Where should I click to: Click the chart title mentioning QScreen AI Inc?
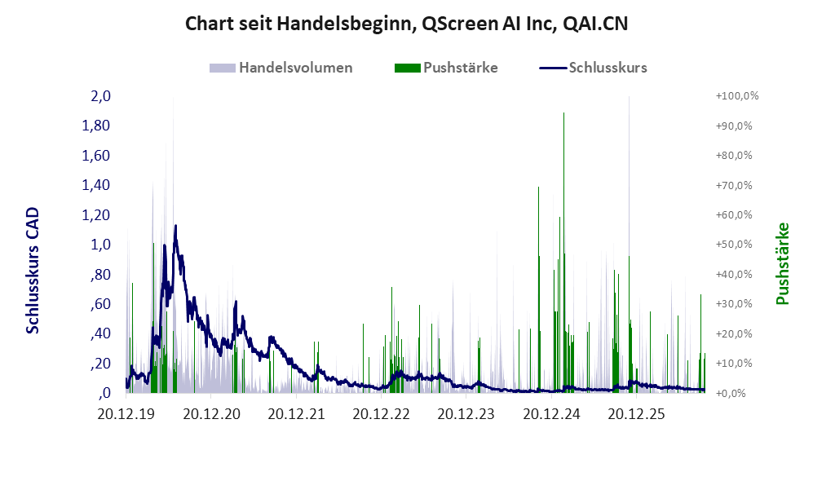(x=406, y=24)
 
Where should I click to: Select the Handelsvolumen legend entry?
(x=281, y=68)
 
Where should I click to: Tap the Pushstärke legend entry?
(x=446, y=68)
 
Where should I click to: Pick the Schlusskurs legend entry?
(x=593, y=68)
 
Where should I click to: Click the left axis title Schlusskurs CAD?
(x=33, y=270)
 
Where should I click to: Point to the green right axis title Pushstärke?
(x=782, y=264)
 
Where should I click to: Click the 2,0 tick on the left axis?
(x=100, y=96)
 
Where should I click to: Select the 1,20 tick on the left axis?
(x=96, y=214)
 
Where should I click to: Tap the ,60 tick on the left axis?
(x=100, y=304)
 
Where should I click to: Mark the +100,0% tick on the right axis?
(x=737, y=96)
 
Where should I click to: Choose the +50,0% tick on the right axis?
(x=734, y=244)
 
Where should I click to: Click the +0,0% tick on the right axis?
(x=731, y=393)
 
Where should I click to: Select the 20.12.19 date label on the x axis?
(x=126, y=414)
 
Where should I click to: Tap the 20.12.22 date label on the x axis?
(x=381, y=414)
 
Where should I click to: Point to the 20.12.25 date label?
(x=636, y=414)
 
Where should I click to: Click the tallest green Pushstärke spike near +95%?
(x=563, y=253)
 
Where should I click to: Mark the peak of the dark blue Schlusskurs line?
(x=175, y=226)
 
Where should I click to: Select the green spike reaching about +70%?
(x=539, y=289)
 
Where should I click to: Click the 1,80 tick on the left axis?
(x=96, y=126)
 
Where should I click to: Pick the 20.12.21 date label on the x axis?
(x=296, y=414)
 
